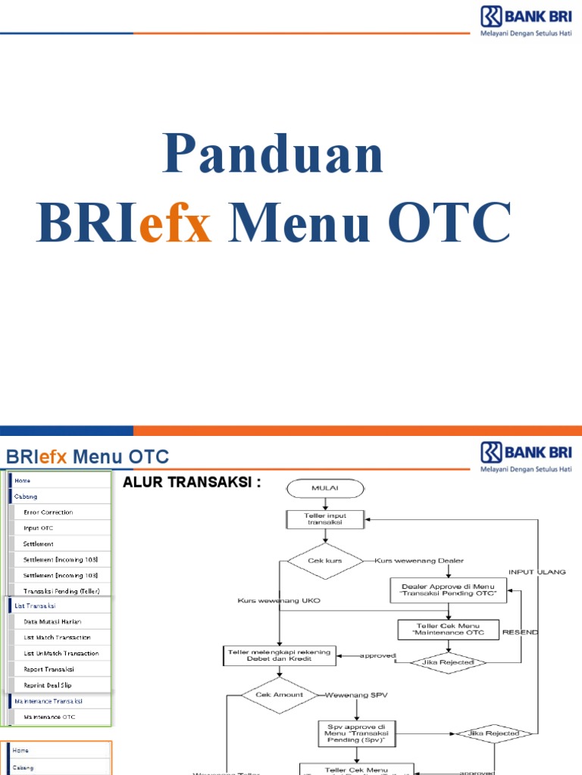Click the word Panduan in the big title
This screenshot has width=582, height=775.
point(273,154)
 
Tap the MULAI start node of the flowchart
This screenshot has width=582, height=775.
point(325,488)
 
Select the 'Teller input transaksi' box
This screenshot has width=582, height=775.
point(325,518)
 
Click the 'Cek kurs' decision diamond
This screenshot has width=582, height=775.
point(325,561)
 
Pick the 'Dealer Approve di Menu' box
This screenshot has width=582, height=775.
point(449,590)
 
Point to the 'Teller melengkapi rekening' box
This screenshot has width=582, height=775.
point(280,655)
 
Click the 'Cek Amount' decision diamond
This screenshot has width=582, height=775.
point(280,695)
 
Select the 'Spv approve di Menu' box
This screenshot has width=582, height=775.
point(356,733)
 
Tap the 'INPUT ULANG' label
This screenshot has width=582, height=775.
point(537,572)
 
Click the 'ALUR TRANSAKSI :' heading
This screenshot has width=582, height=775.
point(192,482)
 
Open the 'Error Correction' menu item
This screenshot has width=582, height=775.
point(48,512)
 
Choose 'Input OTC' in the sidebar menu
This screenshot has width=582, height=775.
point(39,528)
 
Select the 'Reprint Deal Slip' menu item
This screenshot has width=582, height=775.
point(48,685)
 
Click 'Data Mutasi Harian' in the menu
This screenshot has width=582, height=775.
point(52,621)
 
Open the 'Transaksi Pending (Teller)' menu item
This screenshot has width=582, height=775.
point(61,590)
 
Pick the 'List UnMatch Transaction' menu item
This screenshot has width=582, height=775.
point(61,653)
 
